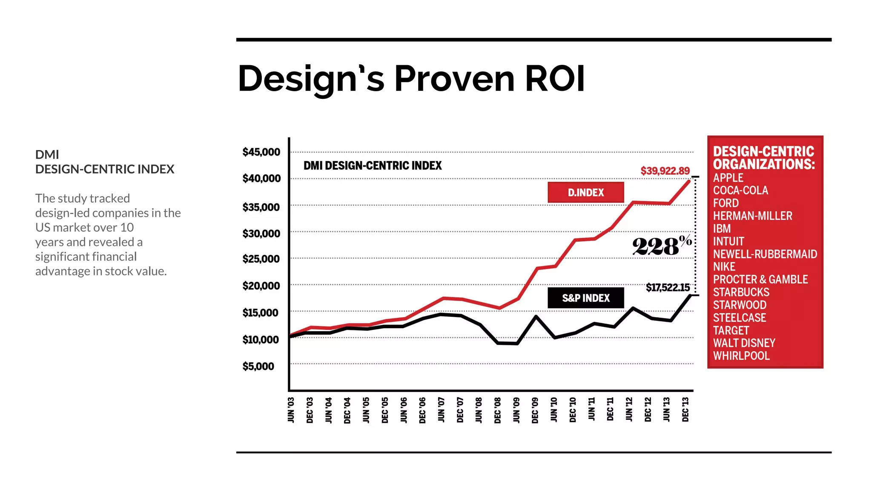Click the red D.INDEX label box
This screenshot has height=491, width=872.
tap(585, 193)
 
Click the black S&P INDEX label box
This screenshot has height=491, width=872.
tap(585, 298)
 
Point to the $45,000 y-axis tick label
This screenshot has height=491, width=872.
tap(261, 152)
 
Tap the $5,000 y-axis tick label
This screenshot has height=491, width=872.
tap(258, 367)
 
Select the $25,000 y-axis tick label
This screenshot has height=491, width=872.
tap(261, 259)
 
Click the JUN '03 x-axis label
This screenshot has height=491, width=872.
tap(291, 410)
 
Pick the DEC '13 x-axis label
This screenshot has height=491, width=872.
tap(686, 410)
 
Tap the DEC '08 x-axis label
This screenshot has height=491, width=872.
tap(498, 410)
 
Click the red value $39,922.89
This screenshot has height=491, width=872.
tap(665, 171)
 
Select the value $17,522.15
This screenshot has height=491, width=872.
tap(667, 288)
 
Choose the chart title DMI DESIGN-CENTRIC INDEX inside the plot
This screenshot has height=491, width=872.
tap(373, 165)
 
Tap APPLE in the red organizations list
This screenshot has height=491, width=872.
tap(728, 178)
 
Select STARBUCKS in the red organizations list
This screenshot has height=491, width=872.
tap(741, 292)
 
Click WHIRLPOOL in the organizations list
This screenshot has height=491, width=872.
tap(741, 356)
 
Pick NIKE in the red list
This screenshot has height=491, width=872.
tap(724, 267)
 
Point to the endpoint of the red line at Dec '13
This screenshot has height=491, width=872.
tap(689, 181)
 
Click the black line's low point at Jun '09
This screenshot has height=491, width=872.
tap(517, 344)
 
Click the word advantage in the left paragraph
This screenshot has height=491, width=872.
tap(63, 271)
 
